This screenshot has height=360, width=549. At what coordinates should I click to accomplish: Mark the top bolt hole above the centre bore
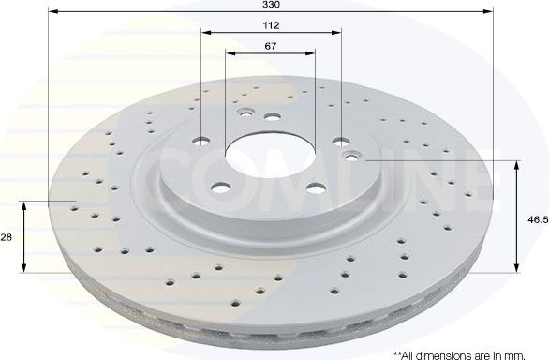pos(272,117)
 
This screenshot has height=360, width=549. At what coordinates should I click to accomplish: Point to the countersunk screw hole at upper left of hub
pos(245,114)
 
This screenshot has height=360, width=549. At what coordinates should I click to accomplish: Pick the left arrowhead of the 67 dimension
pos(230,53)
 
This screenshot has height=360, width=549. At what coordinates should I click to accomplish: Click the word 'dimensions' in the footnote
pos(449,353)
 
